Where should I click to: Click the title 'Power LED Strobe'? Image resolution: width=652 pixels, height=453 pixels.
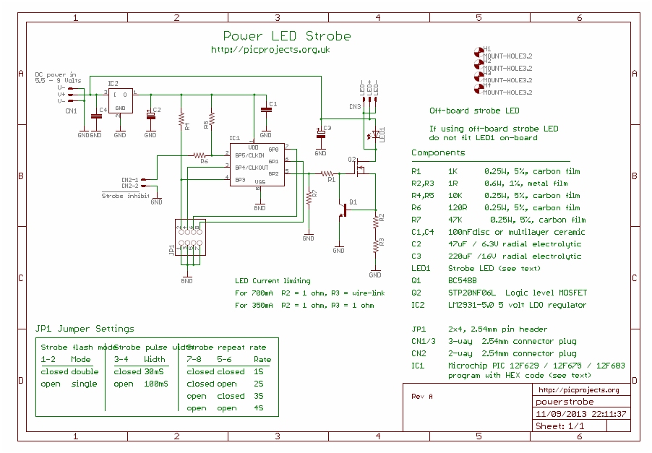[286, 36]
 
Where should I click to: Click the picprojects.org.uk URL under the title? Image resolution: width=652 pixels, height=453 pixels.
[270, 50]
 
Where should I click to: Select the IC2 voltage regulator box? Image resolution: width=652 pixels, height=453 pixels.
[121, 100]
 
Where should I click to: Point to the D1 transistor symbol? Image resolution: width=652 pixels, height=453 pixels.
[345, 210]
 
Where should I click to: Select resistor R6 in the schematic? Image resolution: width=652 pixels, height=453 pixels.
[200, 155]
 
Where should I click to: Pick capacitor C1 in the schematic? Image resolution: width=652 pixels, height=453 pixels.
[265, 108]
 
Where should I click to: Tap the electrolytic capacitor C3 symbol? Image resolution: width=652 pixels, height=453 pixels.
[320, 133]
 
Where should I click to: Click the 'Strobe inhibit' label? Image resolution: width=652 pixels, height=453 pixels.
[125, 195]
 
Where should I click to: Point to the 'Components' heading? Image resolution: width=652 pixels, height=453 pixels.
[438, 153]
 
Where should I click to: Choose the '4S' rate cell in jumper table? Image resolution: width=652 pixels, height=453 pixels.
[257, 408]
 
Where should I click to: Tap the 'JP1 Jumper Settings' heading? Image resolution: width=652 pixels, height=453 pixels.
[85, 329]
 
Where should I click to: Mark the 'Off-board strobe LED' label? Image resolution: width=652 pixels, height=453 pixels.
[474, 111]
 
